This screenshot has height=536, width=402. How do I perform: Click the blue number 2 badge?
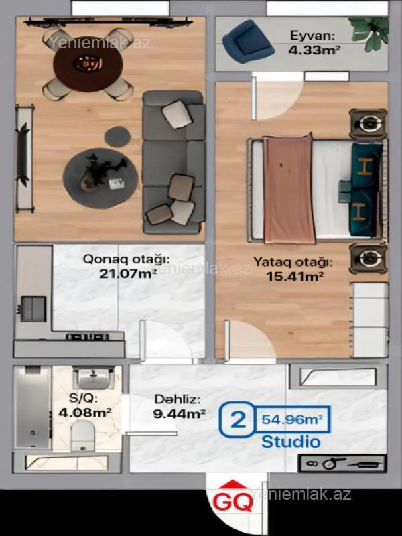click(x=238, y=420)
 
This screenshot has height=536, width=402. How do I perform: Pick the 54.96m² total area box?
click(x=292, y=419)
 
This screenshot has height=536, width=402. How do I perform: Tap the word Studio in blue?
click(x=291, y=442)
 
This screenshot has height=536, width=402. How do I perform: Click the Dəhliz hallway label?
click(x=177, y=399)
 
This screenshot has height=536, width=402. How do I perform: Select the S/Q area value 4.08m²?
click(x=85, y=412)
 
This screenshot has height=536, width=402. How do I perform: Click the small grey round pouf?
click(x=118, y=135)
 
